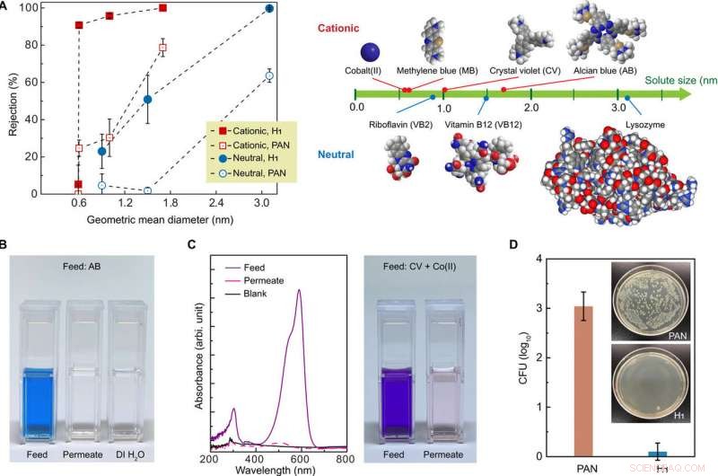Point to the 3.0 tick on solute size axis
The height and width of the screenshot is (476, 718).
coord(617,106)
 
